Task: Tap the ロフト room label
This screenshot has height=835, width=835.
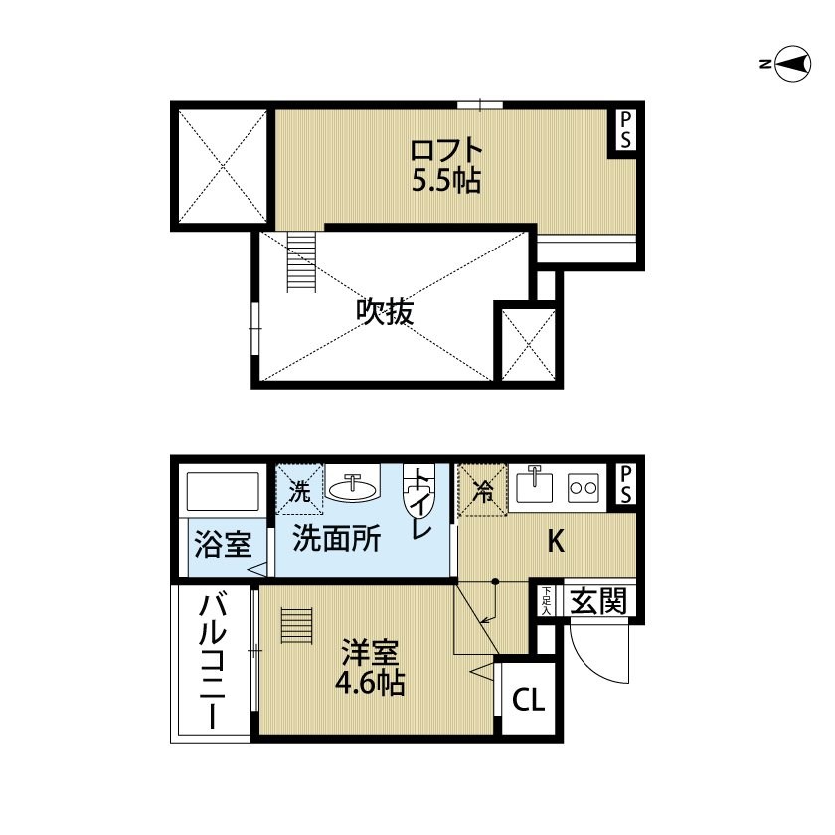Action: [x=446, y=151]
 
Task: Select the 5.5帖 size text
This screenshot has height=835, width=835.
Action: [x=446, y=181]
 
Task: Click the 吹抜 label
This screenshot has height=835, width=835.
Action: [x=385, y=311]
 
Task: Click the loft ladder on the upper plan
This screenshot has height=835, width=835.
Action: [x=301, y=262]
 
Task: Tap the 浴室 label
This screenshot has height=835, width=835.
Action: [x=223, y=544]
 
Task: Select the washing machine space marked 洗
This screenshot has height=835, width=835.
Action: [x=299, y=489]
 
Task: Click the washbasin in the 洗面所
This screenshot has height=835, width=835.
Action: [x=352, y=483]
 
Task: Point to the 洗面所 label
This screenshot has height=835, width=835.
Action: [x=337, y=539]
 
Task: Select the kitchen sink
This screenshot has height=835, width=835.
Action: [x=534, y=485]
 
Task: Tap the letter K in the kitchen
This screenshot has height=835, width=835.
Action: [x=556, y=541]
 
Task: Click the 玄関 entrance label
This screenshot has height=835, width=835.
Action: [x=598, y=601]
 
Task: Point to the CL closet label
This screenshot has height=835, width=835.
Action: [x=528, y=700]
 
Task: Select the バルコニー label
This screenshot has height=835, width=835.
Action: [x=213, y=662]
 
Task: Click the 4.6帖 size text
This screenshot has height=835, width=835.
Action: [x=370, y=684]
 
